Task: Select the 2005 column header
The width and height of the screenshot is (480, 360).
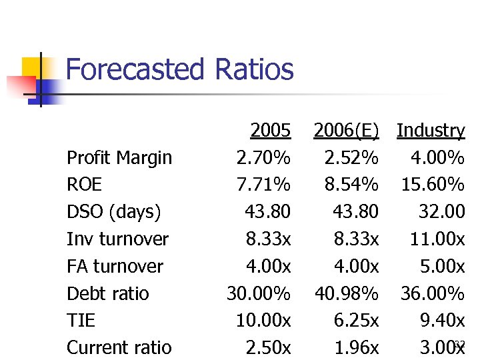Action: click(x=270, y=131)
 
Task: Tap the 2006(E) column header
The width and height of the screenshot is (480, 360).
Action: click(x=346, y=131)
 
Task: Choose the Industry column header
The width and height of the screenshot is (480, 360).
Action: click(x=431, y=131)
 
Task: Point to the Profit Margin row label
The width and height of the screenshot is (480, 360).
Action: click(x=119, y=158)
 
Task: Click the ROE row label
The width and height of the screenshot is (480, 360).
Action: click(x=84, y=185)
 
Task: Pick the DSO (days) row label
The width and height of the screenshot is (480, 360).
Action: click(x=114, y=212)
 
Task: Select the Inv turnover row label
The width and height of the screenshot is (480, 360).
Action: click(x=117, y=239)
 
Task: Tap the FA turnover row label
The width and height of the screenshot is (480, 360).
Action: click(x=115, y=267)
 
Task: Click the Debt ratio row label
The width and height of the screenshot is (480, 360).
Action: click(x=108, y=294)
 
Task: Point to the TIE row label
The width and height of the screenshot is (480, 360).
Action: click(x=81, y=321)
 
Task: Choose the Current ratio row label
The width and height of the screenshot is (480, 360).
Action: click(x=119, y=348)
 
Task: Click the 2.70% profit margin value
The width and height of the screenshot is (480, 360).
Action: click(x=263, y=158)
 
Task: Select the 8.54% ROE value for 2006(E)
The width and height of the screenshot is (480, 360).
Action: click(x=351, y=185)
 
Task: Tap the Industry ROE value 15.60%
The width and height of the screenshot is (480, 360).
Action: click(x=433, y=185)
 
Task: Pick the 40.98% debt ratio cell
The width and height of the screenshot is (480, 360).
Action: click(x=346, y=294)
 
